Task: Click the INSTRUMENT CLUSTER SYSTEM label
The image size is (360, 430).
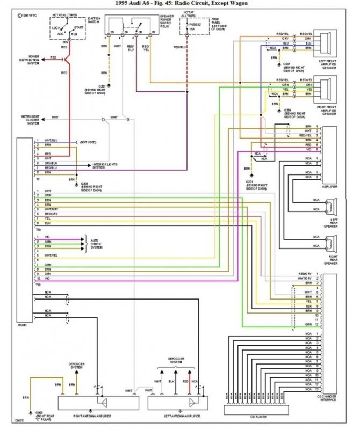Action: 30,120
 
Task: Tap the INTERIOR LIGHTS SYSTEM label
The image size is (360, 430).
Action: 105,165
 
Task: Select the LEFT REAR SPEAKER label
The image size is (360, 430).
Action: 329,223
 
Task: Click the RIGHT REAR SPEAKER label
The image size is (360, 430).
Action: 329,260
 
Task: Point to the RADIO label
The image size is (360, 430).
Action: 22,325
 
